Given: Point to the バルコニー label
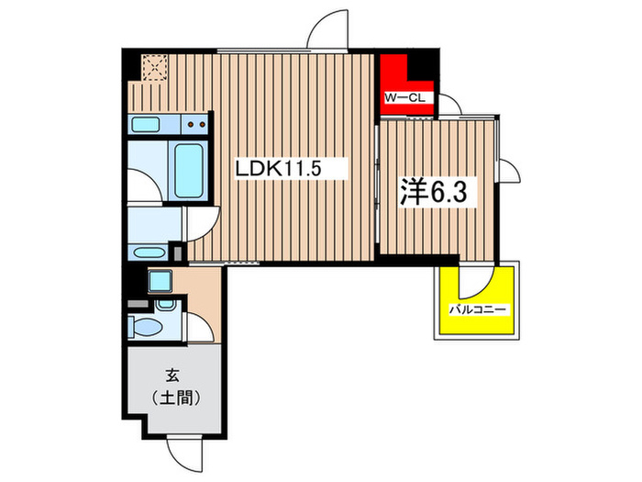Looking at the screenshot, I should click(478, 311).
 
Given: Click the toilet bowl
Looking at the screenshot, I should click(144, 325).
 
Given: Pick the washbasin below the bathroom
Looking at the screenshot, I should click(147, 252).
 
